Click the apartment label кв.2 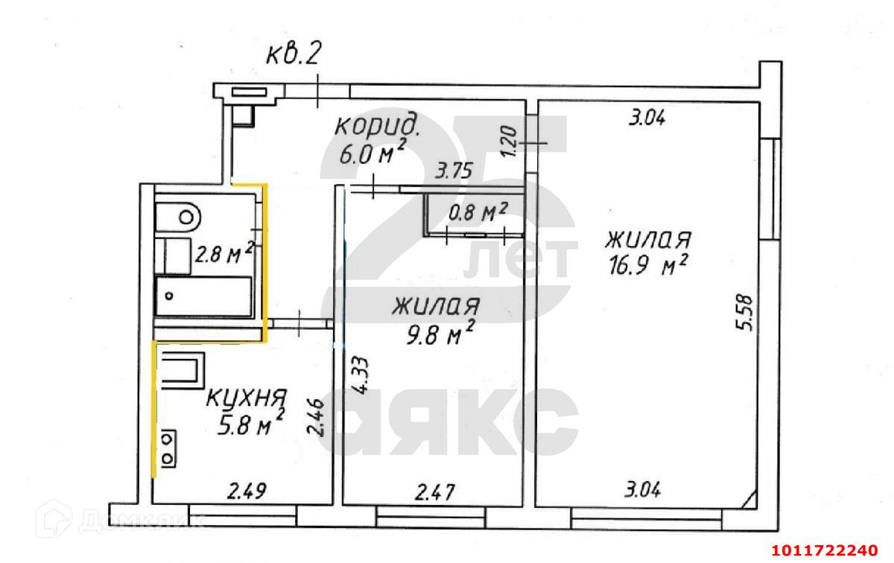(294, 54)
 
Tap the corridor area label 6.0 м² (372, 153)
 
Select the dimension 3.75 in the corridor (454, 171)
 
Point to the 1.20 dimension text (509, 141)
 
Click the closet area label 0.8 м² (478, 212)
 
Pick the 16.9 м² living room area (648, 265)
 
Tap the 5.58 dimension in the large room (744, 313)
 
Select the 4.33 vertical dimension (361, 375)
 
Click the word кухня (247, 398)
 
